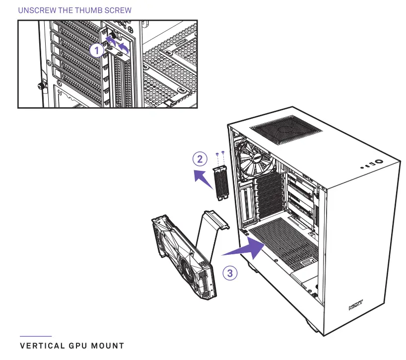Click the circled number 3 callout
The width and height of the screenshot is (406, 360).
pyautogui.click(x=230, y=273)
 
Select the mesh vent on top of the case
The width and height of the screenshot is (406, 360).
pyautogui.click(x=287, y=131)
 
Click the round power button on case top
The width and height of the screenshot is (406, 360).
pyautogui.click(x=379, y=161)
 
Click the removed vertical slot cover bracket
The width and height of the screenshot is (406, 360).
pyautogui.click(x=220, y=182)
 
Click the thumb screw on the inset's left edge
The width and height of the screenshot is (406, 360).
pyautogui.click(x=41, y=85)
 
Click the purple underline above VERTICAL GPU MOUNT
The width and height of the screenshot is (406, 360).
pyautogui.click(x=35, y=336)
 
